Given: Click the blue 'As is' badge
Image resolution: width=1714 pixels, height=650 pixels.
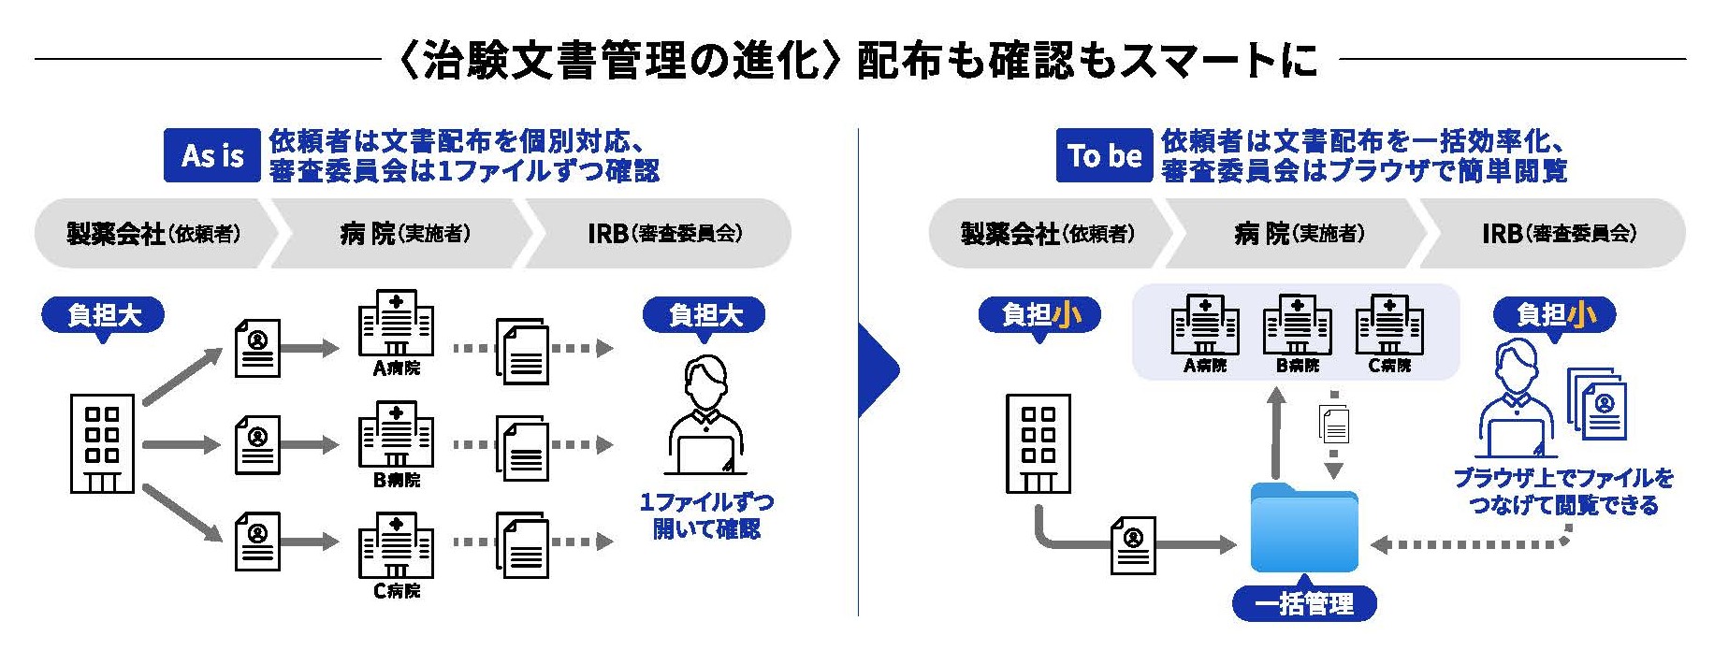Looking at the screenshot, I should pyautogui.click(x=211, y=155).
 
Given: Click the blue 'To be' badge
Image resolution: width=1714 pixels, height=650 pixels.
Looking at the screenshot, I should pyautogui.click(x=1104, y=155).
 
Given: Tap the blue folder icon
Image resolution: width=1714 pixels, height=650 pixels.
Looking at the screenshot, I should pyautogui.click(x=1304, y=528).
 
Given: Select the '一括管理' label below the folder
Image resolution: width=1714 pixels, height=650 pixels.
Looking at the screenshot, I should pyautogui.click(x=1304, y=603).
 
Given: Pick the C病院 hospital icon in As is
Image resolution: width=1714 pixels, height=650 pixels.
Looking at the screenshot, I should pyautogui.click(x=396, y=545).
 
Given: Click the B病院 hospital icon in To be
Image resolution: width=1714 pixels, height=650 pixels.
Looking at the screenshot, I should pyautogui.click(x=1297, y=325).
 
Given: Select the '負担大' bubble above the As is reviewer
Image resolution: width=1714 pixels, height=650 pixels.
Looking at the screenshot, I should pyautogui.click(x=704, y=315).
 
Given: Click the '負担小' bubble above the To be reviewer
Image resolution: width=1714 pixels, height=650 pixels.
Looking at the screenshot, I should pyautogui.click(x=1554, y=315).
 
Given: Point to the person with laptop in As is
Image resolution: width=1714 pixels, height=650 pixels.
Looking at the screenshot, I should pyautogui.click(x=706, y=416).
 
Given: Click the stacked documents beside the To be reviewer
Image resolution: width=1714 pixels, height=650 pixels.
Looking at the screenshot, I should pyautogui.click(x=1599, y=404).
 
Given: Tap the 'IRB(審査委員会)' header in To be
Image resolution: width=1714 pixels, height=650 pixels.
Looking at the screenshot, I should pyautogui.click(x=1559, y=233).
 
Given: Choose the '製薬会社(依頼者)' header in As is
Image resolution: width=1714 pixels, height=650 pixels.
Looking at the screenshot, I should pyautogui.click(x=154, y=233).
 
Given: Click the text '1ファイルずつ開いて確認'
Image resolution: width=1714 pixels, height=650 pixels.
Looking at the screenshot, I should pyautogui.click(x=706, y=515).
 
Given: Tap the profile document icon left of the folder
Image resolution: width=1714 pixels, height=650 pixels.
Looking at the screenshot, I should pyautogui.click(x=1133, y=545).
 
